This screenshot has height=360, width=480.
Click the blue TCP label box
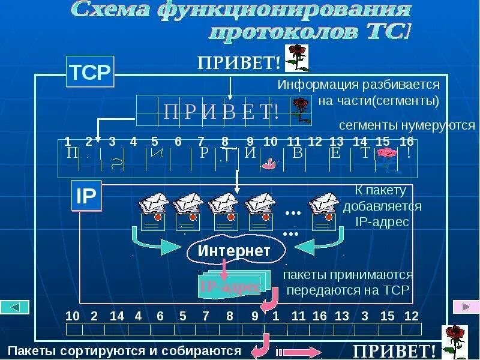(x=89, y=73)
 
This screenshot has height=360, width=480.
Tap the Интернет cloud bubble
(x=234, y=251)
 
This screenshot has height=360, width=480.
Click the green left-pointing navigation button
(x=14, y=307)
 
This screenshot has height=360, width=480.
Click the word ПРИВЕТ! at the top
(x=239, y=62)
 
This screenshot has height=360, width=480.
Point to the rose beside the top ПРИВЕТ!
(x=296, y=57)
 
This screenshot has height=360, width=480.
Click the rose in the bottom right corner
(x=454, y=340)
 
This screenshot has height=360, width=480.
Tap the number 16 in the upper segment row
(x=406, y=142)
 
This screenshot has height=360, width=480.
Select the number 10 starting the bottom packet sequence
(x=72, y=316)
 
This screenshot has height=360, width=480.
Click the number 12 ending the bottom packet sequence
(x=411, y=316)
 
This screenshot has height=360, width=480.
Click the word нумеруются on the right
(x=442, y=125)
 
